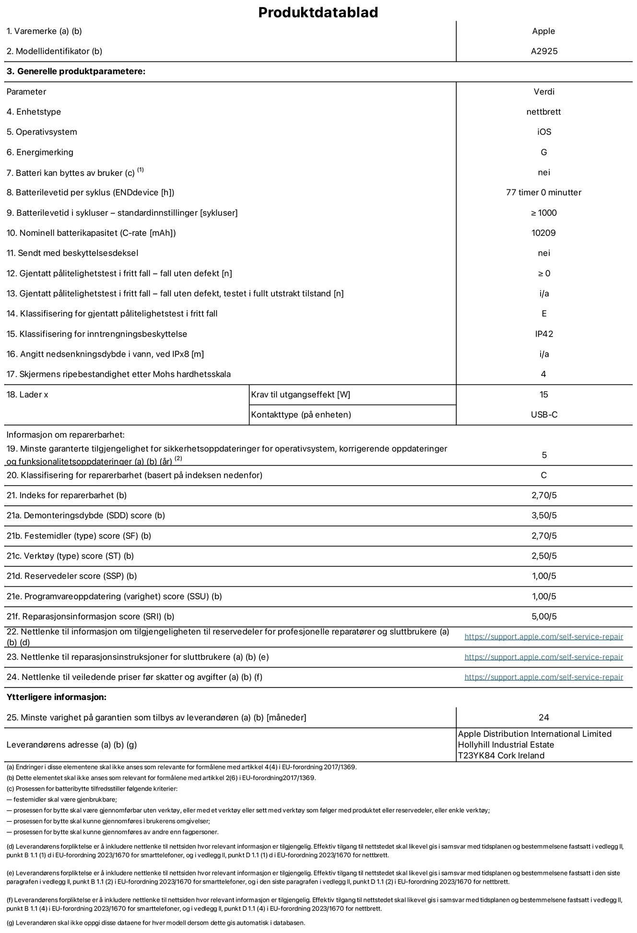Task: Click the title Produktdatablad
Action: click(x=318, y=12)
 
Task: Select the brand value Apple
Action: click(x=543, y=31)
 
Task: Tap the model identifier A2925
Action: click(x=544, y=51)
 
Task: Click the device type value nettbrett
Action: click(x=543, y=112)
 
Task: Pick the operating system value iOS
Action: click(x=544, y=132)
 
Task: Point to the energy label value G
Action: click(x=543, y=152)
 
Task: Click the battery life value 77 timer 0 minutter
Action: click(x=543, y=192)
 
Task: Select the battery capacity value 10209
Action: click(x=543, y=233)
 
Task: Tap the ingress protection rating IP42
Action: click(x=544, y=334)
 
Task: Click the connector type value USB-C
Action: click(x=544, y=415)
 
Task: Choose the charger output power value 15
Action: click(x=543, y=395)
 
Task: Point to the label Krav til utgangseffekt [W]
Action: click(x=300, y=395)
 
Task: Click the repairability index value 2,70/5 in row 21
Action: click(x=544, y=495)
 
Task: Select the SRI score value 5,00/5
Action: click(x=544, y=617)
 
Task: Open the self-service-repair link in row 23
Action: click(x=543, y=657)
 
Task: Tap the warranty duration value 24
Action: click(x=543, y=717)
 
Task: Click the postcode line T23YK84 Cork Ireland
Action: click(x=501, y=756)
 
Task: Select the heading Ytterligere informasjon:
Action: click(x=57, y=697)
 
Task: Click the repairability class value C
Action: click(x=543, y=475)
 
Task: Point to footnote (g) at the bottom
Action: click(x=155, y=922)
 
